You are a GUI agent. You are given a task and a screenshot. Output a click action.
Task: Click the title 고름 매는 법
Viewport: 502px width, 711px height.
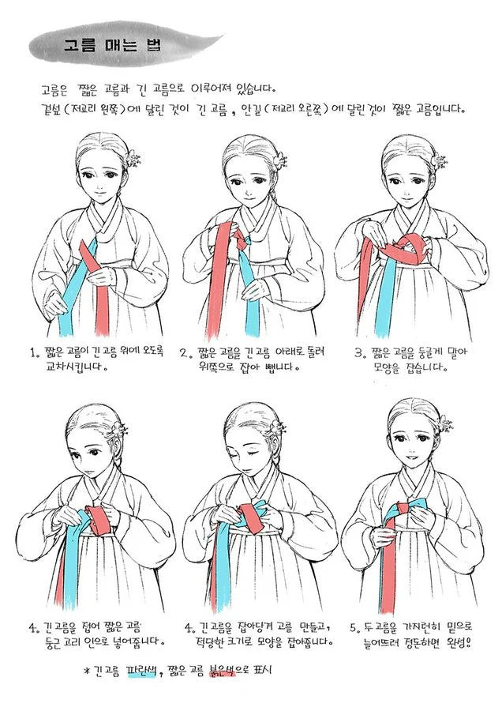pos(111,45)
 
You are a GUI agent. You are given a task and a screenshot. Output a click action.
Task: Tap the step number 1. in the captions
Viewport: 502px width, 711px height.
pos(33,353)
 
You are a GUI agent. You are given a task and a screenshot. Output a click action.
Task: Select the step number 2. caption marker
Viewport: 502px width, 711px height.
pos(183,352)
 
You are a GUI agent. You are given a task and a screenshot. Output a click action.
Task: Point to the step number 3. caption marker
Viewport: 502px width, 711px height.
pos(359,352)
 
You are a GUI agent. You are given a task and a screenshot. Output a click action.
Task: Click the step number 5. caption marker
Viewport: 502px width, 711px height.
pos(356,628)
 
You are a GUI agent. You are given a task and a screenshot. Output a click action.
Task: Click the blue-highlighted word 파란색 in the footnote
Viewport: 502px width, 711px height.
pos(142,670)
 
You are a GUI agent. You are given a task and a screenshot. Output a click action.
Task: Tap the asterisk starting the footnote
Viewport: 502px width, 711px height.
pos(87,671)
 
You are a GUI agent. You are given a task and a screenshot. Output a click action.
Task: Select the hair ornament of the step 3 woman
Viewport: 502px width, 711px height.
pos(440,161)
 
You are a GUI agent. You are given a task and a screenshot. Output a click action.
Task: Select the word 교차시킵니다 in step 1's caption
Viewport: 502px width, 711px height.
pos(74,367)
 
